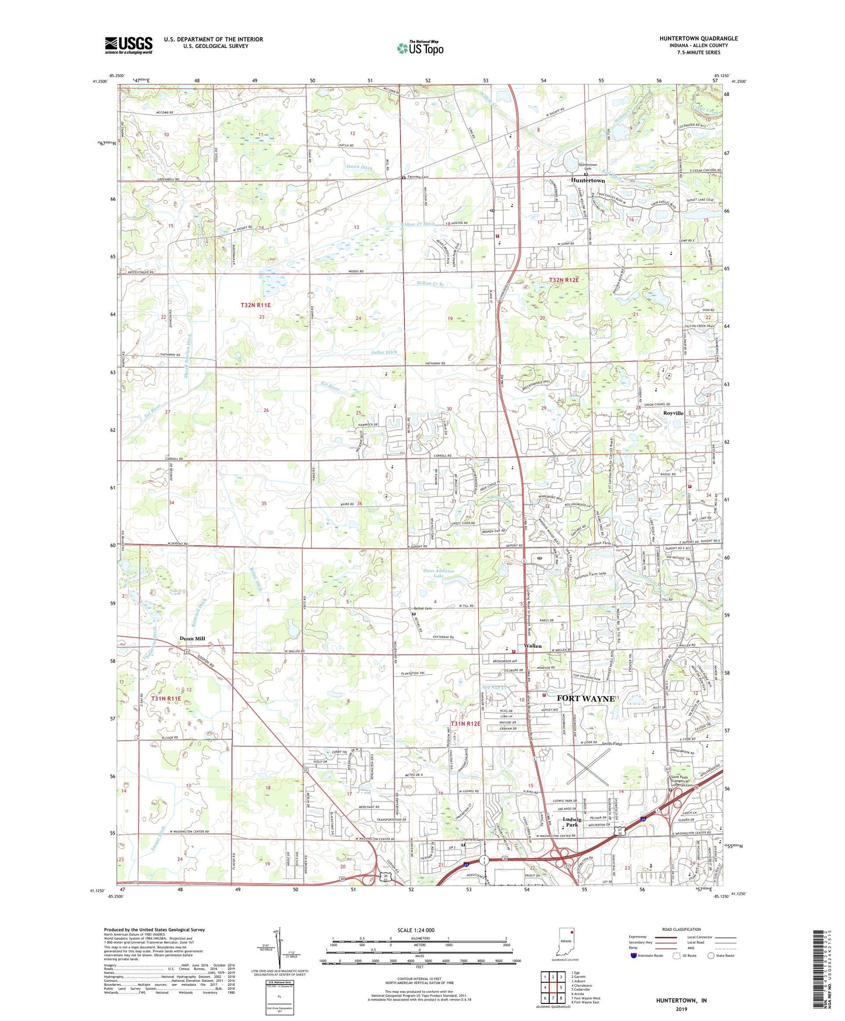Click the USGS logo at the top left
tap(128, 45)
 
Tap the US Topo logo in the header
tap(420, 48)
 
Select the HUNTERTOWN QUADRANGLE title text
tap(698, 39)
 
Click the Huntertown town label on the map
tap(588, 181)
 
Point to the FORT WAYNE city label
tap(585, 698)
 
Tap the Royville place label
tap(673, 413)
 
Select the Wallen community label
tap(533, 646)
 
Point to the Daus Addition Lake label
tap(439, 573)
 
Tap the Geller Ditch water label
tap(384, 352)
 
